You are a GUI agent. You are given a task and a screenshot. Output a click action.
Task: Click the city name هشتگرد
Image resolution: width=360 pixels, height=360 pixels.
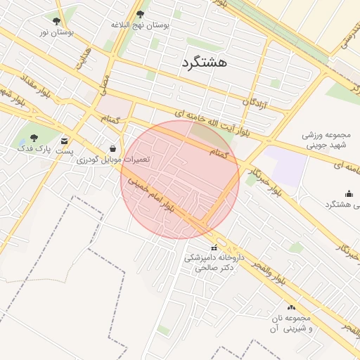pyautogui.click(x=204, y=63)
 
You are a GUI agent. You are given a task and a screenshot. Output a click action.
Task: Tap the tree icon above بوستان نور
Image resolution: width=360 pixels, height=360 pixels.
pyautogui.click(x=57, y=20)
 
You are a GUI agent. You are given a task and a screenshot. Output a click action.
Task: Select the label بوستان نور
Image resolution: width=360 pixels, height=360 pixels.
pyautogui.click(x=57, y=32)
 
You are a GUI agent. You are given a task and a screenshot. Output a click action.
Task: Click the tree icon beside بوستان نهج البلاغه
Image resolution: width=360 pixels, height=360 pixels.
pyautogui.click(x=140, y=14)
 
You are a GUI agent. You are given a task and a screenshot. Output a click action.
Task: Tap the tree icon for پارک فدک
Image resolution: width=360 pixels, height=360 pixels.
pyautogui.click(x=34, y=139)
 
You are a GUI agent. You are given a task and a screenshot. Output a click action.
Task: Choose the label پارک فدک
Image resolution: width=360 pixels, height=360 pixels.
pyautogui.click(x=34, y=150)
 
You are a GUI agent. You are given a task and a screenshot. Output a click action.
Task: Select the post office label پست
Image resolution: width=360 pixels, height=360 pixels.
pyautogui.click(x=65, y=150)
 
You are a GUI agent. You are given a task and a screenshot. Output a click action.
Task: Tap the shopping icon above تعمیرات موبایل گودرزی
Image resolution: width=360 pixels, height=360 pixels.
pyautogui.click(x=112, y=148)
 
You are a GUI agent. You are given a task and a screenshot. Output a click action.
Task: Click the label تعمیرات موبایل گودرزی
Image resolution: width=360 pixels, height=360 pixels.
pyautogui.click(x=113, y=160)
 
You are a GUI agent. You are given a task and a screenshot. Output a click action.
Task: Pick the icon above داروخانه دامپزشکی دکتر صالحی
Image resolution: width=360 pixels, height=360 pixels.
pyautogui.click(x=214, y=247)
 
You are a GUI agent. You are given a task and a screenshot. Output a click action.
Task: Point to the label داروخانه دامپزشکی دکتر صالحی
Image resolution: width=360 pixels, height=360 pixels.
pyautogui.click(x=214, y=262)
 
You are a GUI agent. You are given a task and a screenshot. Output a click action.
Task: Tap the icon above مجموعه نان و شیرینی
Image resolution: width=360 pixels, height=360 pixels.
pyautogui.click(x=292, y=307)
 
